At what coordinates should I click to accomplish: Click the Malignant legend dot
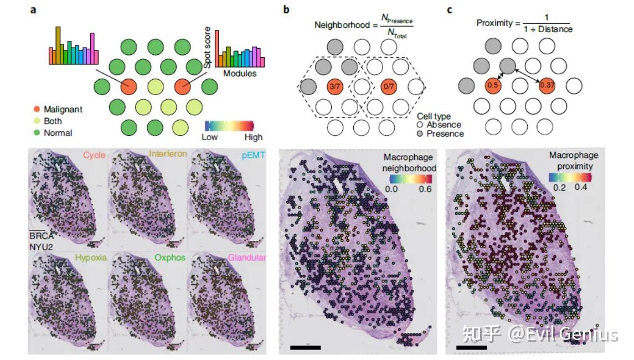coord(36,110)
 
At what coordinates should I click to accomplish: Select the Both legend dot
coord(36,121)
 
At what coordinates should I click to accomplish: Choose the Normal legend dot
coord(36,133)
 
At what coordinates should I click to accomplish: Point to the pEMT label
coord(253,155)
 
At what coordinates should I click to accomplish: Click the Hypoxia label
coord(91,258)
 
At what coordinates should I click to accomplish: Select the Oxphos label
coord(171,258)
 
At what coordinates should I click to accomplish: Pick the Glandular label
coord(248,258)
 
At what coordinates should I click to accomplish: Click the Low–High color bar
coord(229,125)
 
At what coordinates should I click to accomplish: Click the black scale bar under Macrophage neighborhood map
coord(305,348)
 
